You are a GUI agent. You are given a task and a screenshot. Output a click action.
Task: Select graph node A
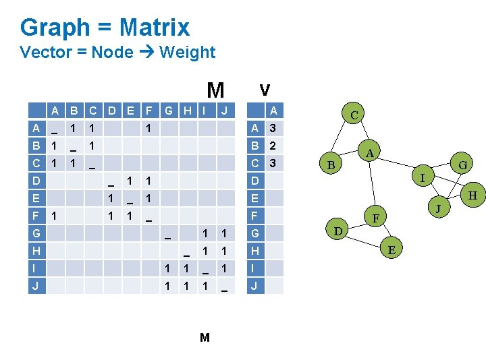[369, 153]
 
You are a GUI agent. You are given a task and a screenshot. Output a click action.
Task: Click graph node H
[473, 195]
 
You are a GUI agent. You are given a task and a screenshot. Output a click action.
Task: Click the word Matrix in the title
[155, 28]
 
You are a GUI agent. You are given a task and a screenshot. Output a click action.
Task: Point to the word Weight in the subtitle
[187, 52]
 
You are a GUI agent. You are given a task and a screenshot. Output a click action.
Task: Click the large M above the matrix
[215, 90]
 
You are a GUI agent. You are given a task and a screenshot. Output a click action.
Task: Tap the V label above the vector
[265, 90]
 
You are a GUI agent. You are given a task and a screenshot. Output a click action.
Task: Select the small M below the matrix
[205, 337]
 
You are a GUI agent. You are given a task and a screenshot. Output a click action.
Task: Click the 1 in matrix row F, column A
[53, 216]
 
